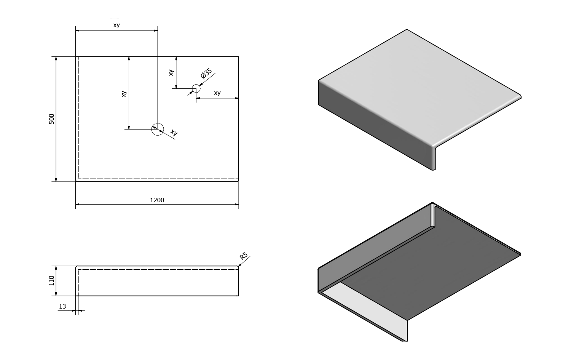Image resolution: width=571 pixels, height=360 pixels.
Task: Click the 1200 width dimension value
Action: point(157,200)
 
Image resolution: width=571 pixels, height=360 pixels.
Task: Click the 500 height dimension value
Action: point(52,119)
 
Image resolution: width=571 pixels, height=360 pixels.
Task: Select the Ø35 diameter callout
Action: point(206,74)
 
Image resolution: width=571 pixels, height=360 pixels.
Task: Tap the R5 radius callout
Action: point(244,256)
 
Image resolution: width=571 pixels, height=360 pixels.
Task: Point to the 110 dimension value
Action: point(52,281)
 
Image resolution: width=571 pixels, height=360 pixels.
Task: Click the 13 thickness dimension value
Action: point(63,306)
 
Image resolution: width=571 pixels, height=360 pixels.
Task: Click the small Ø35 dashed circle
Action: point(196,89)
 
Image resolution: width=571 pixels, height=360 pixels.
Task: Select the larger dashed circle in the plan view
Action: point(157,129)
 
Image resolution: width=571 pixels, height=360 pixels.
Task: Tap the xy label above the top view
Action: point(117,25)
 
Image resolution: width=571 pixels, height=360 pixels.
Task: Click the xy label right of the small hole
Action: point(217,93)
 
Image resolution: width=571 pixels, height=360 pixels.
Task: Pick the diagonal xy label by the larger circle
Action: point(174,133)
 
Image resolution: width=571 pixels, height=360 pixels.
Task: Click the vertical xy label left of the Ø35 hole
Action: point(172,72)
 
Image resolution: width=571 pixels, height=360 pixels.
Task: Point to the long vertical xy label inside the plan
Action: point(124,94)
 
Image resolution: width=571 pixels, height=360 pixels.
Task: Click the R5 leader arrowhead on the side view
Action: point(239,265)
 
